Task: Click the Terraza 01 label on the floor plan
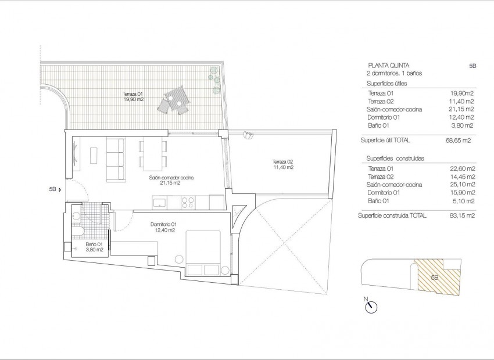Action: (x=133, y=96)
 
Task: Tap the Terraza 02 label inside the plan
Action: (x=282, y=164)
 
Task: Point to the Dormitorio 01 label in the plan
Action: (x=163, y=227)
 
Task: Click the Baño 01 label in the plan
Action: (x=94, y=247)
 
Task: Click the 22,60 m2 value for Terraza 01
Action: (x=463, y=168)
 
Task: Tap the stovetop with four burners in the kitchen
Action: (x=188, y=202)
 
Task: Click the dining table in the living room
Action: (x=153, y=153)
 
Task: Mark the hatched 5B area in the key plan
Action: (x=436, y=275)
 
